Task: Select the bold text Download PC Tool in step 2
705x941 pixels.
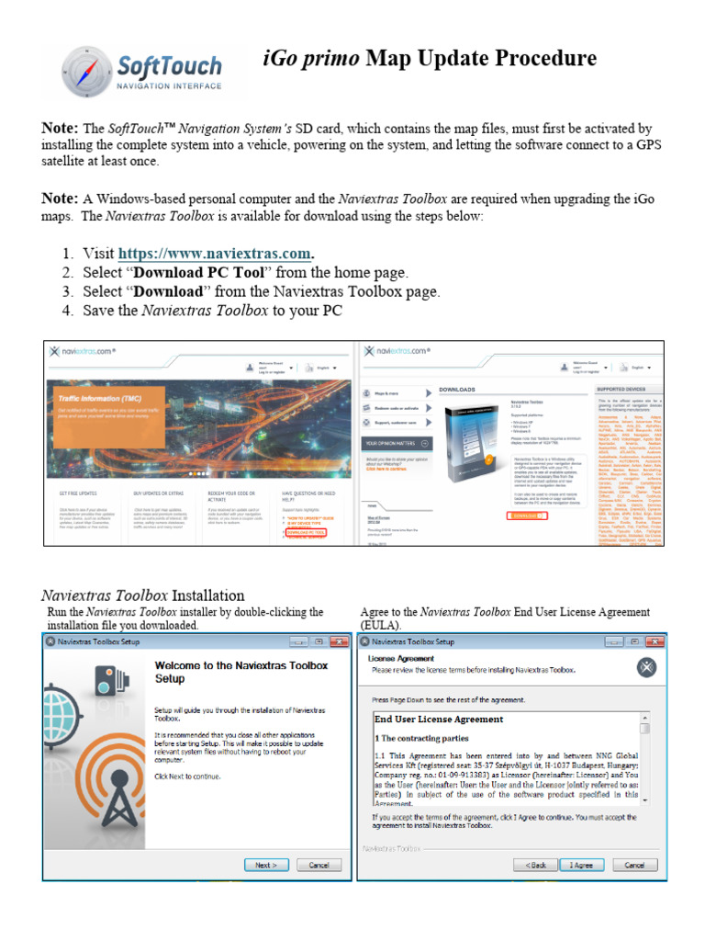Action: [x=204, y=272]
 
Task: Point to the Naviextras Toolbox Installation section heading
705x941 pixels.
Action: [x=143, y=595]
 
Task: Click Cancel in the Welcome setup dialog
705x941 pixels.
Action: [x=319, y=865]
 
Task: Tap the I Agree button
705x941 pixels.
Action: [x=581, y=865]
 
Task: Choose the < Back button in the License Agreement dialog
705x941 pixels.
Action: [x=536, y=865]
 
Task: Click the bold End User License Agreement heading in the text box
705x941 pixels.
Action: [x=439, y=719]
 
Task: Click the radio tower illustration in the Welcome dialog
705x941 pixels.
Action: [x=87, y=781]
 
